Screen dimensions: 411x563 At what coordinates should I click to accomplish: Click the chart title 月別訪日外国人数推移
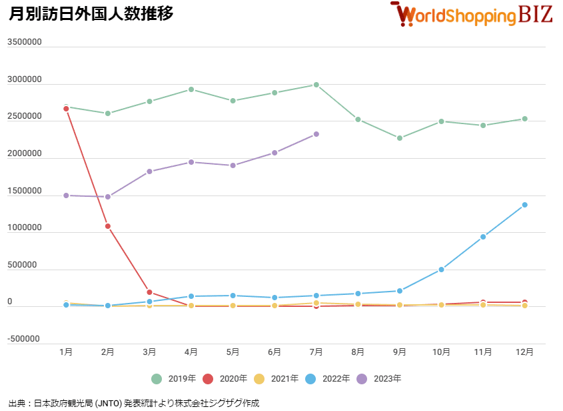tap(91, 13)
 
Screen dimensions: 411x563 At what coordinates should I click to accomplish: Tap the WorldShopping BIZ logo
tap(472, 14)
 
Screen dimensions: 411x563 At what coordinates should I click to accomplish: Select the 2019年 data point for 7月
tap(316, 85)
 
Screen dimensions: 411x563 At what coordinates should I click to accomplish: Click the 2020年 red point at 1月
tap(66, 109)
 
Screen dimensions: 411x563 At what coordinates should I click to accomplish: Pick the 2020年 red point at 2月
tap(107, 226)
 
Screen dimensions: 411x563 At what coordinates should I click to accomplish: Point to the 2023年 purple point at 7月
tap(316, 134)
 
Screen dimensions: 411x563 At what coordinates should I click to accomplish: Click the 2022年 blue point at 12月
tap(524, 205)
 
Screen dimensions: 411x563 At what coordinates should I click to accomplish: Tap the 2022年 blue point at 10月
tap(441, 270)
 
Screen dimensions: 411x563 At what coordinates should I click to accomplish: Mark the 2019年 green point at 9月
tap(400, 138)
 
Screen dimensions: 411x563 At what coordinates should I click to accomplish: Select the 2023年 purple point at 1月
tap(66, 195)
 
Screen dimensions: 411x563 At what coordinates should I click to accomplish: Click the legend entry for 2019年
tap(174, 379)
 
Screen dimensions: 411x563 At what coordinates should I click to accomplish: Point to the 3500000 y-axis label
tap(25, 42)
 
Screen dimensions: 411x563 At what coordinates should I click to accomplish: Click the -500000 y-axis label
tap(25, 339)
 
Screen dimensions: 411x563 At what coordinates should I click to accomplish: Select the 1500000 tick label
tap(25, 191)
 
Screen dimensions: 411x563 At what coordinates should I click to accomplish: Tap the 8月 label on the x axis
tap(358, 352)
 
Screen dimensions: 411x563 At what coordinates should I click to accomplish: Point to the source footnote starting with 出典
tap(134, 403)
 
